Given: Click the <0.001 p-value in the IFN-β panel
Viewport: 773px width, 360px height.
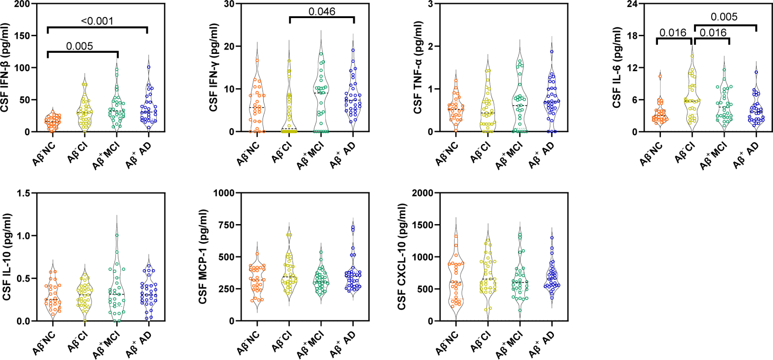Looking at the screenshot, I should coord(97,21).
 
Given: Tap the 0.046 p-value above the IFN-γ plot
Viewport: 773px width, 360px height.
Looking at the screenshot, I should coord(322,12).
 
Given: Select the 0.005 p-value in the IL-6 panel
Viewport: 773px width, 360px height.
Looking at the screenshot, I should coord(724,17).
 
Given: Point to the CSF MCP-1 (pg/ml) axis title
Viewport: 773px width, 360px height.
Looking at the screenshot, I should coord(203,256).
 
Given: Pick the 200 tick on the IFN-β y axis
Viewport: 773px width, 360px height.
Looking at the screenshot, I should coord(22,4).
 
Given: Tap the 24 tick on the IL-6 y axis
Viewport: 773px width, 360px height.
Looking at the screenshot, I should coord(632,4).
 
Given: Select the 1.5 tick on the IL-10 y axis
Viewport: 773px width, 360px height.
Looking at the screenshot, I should coord(23,193).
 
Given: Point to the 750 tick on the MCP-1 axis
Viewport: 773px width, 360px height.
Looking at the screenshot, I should coord(227,225).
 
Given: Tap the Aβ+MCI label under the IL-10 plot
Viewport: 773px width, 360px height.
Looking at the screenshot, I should coord(106,345).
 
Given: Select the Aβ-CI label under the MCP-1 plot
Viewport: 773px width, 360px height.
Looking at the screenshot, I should coord(282,342).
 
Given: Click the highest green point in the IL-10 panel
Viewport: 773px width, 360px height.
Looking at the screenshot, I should coord(117,235).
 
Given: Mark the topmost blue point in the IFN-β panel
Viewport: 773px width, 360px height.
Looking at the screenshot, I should coord(149,67).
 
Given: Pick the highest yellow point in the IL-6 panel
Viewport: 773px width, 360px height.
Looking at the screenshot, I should coord(692,56).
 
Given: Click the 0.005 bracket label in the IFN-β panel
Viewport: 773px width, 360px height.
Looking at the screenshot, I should coord(79,46).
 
